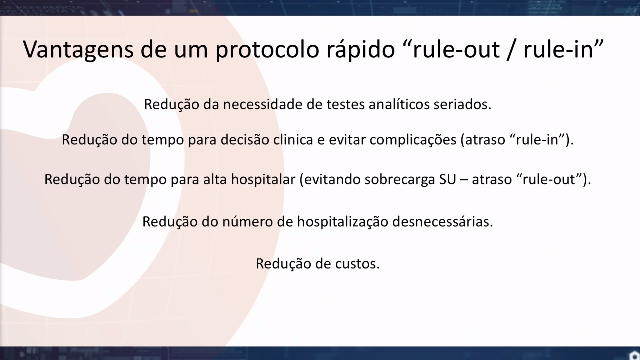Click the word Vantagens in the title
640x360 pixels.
78,49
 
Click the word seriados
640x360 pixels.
462,104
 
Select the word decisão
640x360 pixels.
245,139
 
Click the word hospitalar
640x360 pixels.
263,179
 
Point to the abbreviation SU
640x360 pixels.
447,179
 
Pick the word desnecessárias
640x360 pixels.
442,221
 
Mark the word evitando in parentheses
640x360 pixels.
330,180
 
